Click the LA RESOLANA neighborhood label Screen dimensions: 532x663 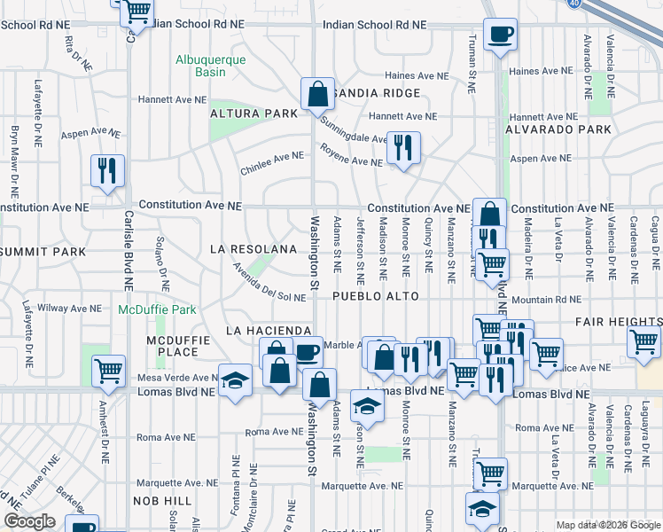coord(253,250)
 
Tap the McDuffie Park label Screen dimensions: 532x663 coord(157,310)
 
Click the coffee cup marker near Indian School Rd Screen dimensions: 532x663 coord(500,35)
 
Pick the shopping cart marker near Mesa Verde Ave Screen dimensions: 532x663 coord(108,371)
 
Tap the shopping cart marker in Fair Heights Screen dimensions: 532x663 coord(643,342)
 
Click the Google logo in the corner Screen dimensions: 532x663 coord(30,521)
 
